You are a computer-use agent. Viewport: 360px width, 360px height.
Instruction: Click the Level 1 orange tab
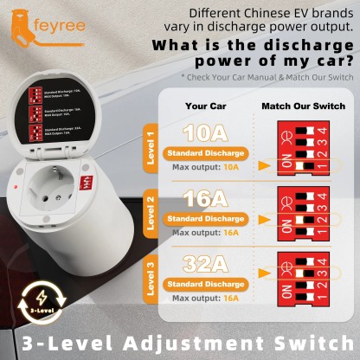tap(152, 148)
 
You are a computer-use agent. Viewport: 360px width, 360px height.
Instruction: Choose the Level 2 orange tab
tap(152, 213)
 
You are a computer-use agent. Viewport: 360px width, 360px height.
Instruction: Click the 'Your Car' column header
tap(205, 106)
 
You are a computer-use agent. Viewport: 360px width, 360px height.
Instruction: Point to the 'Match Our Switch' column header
tap(300, 106)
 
